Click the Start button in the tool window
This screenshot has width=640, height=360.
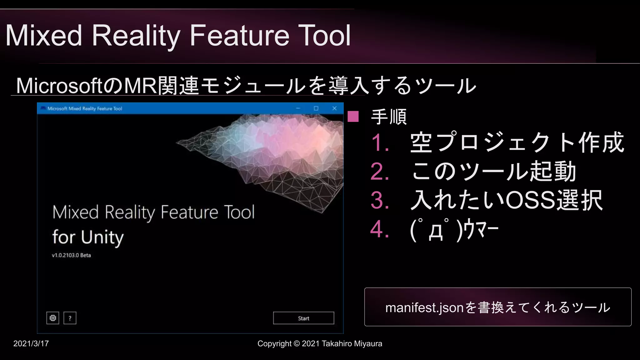[x=303, y=318]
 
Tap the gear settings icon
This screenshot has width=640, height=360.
[x=53, y=318]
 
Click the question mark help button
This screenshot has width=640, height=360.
[x=70, y=318]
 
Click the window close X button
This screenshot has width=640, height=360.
[x=334, y=108]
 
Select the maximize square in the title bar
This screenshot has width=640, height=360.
[x=316, y=108]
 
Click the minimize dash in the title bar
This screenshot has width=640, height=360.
[x=298, y=108]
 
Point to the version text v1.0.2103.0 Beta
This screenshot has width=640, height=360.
[x=71, y=255]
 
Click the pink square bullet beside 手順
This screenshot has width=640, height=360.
[x=353, y=116]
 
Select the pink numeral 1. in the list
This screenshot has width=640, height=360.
[x=380, y=143]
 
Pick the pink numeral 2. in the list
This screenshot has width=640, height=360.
[x=380, y=172]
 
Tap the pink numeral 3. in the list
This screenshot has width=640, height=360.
[x=380, y=200]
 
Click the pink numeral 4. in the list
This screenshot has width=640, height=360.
[x=380, y=229]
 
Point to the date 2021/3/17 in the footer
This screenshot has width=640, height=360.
[x=31, y=343]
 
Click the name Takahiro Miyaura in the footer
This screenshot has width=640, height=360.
[x=352, y=343]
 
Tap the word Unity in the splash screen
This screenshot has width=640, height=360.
[x=102, y=237]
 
